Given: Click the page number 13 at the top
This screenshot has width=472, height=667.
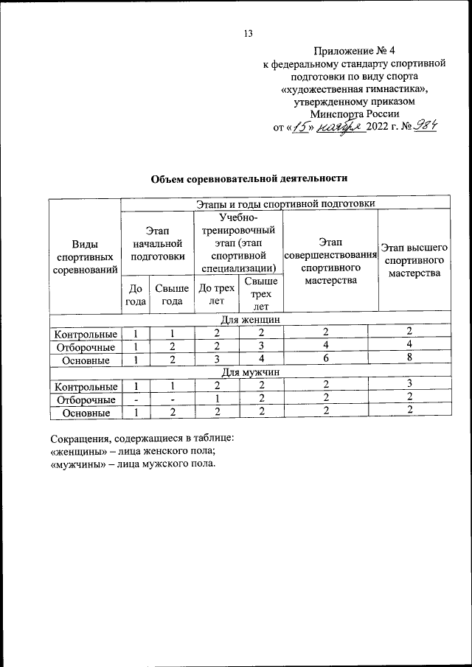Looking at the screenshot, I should (248, 32).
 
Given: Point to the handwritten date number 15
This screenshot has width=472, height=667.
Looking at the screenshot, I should (299, 128).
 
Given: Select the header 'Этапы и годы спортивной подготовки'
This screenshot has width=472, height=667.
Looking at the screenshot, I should (285, 203).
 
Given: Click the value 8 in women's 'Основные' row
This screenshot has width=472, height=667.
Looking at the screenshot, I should (409, 360).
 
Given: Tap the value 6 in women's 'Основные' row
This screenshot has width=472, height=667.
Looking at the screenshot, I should (325, 360).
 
